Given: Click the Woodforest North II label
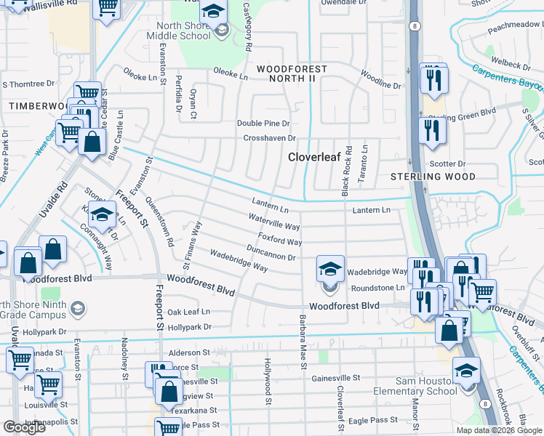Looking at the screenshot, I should coord(291,73).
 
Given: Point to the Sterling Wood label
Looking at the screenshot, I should coord(433,177).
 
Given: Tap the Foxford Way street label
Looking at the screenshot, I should coord(279,241).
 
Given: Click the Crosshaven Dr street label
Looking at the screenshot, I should coord(269,138).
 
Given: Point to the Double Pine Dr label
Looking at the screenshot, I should coord(263,124).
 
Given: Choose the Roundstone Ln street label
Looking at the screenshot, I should coord(377,288).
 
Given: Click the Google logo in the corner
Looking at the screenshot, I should coord(25,427).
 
